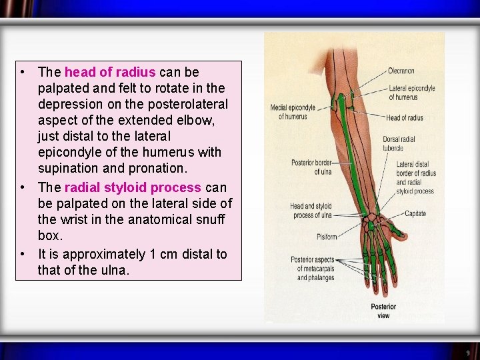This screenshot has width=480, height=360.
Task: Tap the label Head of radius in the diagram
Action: [x=404, y=118]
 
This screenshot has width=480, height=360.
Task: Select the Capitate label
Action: [x=415, y=213]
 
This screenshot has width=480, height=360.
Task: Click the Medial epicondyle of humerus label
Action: [x=293, y=112]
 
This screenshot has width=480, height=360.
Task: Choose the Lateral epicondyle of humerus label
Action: [x=412, y=93]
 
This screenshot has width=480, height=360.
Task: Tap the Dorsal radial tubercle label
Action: [x=400, y=143]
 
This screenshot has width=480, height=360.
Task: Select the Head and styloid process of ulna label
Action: [x=310, y=210]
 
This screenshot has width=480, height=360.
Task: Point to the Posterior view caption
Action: [x=383, y=311]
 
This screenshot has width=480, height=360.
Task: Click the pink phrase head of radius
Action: [x=110, y=72]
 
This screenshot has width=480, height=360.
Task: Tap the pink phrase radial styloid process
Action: [x=133, y=187]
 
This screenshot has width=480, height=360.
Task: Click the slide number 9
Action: [x=467, y=353]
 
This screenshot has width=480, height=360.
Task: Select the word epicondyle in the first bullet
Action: [x=71, y=153]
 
